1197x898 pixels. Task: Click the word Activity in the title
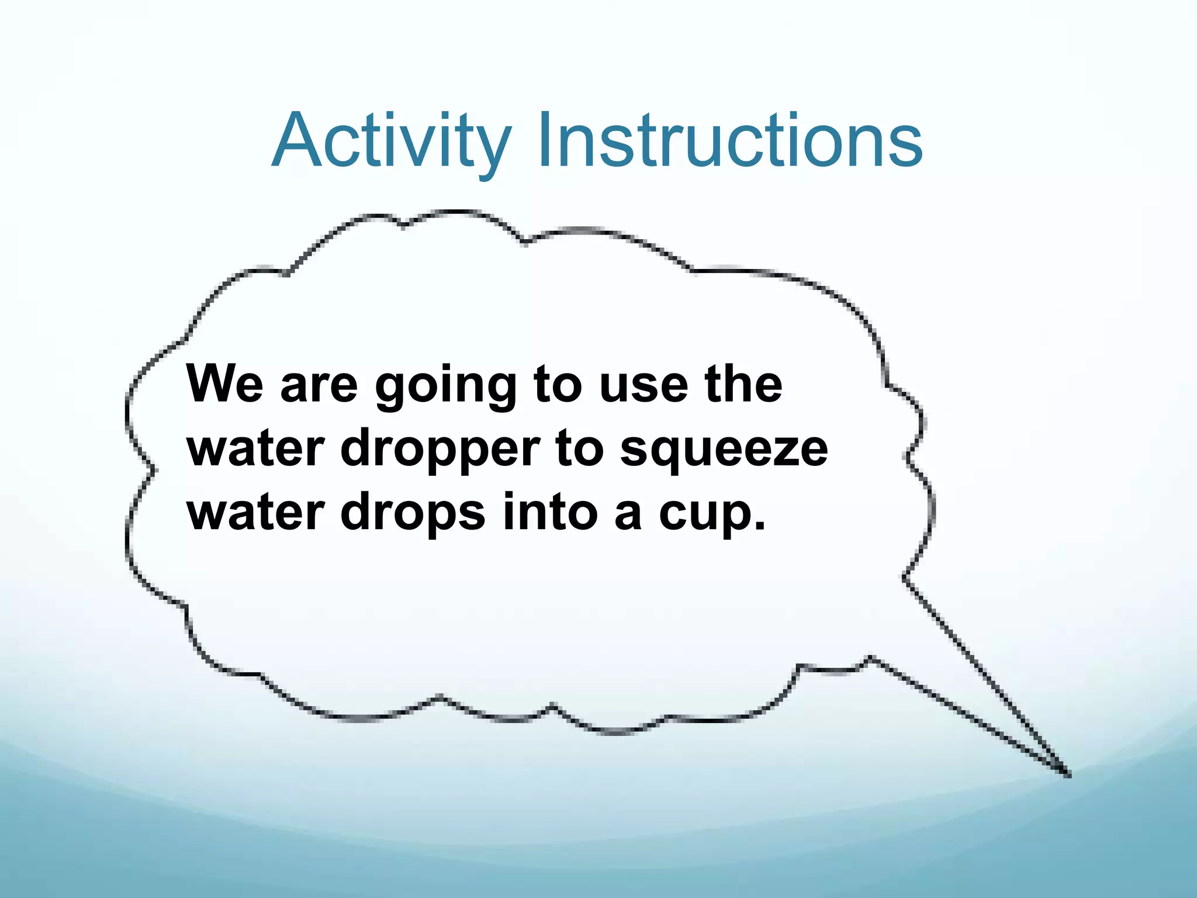391,141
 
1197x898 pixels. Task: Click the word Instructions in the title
730,141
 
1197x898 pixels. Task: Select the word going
446,387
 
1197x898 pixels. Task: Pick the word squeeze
724,451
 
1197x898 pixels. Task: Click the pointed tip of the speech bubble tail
1068,775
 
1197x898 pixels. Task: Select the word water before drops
255,512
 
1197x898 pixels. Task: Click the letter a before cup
628,514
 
